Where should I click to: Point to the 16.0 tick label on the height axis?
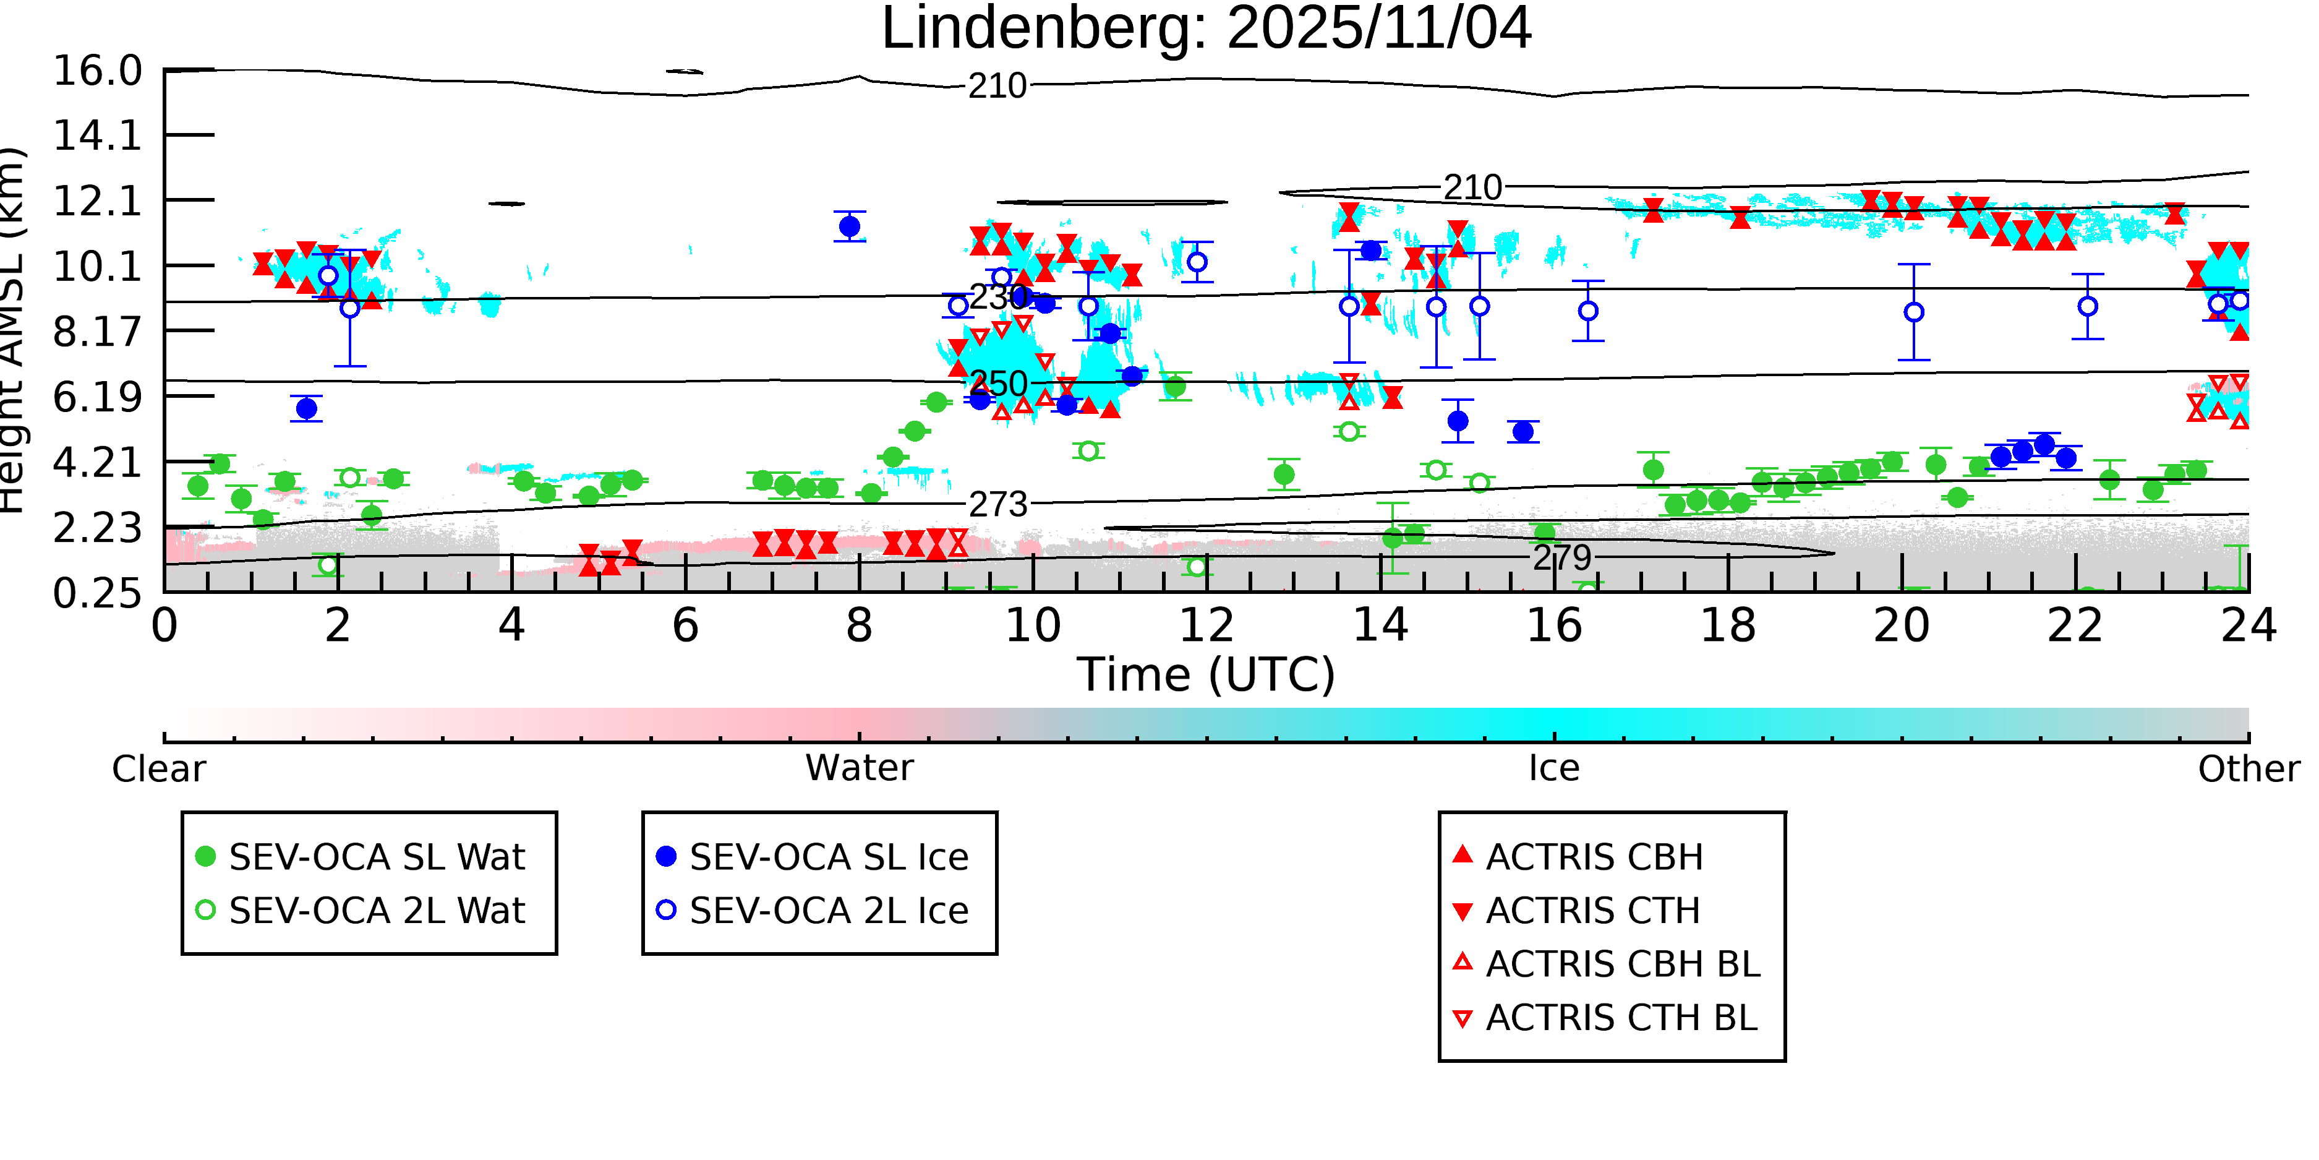pos(97,71)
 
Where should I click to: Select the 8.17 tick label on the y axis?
pos(97,332)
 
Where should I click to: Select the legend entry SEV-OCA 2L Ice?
pos(828,911)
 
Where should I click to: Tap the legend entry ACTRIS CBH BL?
pos(1622,965)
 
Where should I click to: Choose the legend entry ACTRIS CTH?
pos(1592,911)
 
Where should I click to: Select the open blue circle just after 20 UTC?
pos(1914,312)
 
